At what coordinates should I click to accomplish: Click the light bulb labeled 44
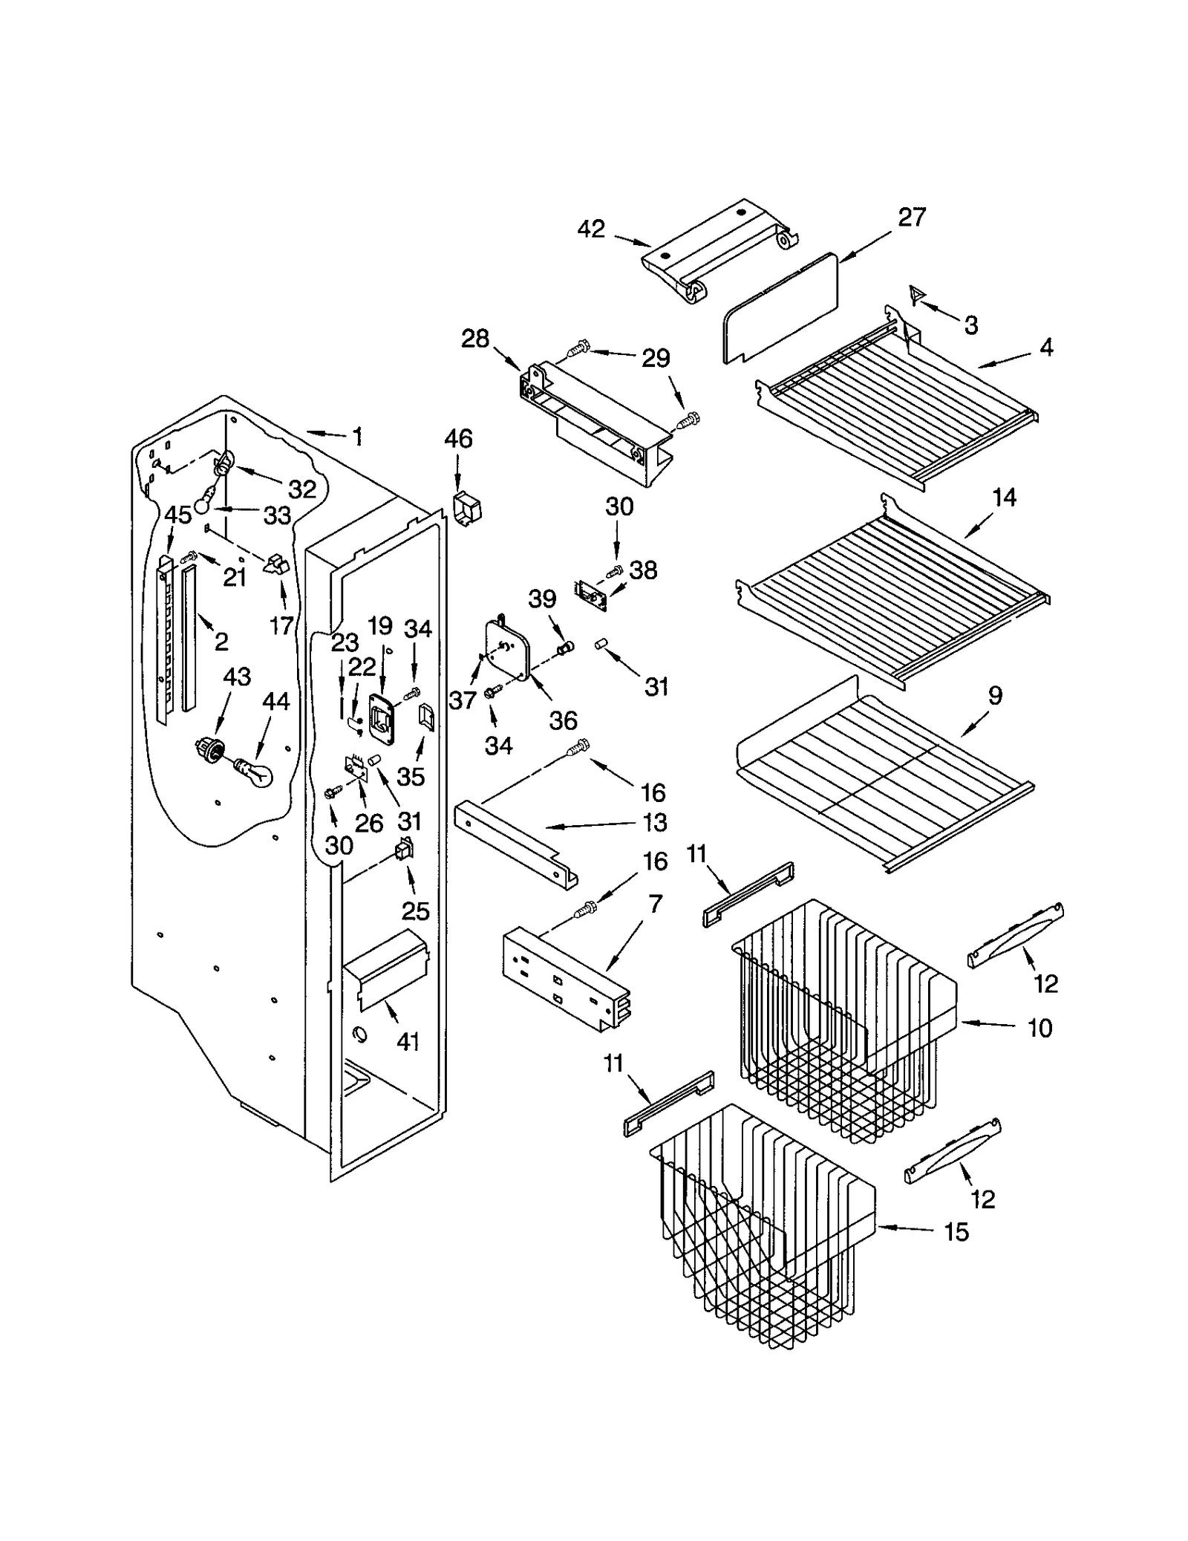coord(254,772)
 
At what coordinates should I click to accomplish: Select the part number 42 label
coord(591,229)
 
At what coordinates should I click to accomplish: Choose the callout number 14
coord(1004,498)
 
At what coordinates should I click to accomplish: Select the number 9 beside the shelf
coord(995,696)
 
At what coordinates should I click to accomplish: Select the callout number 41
coord(408,1042)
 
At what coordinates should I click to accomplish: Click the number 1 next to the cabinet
coord(358,437)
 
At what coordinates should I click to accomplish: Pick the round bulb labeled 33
coord(203,505)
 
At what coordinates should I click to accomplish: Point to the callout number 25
coord(416,911)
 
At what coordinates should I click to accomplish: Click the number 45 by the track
coord(178,515)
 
